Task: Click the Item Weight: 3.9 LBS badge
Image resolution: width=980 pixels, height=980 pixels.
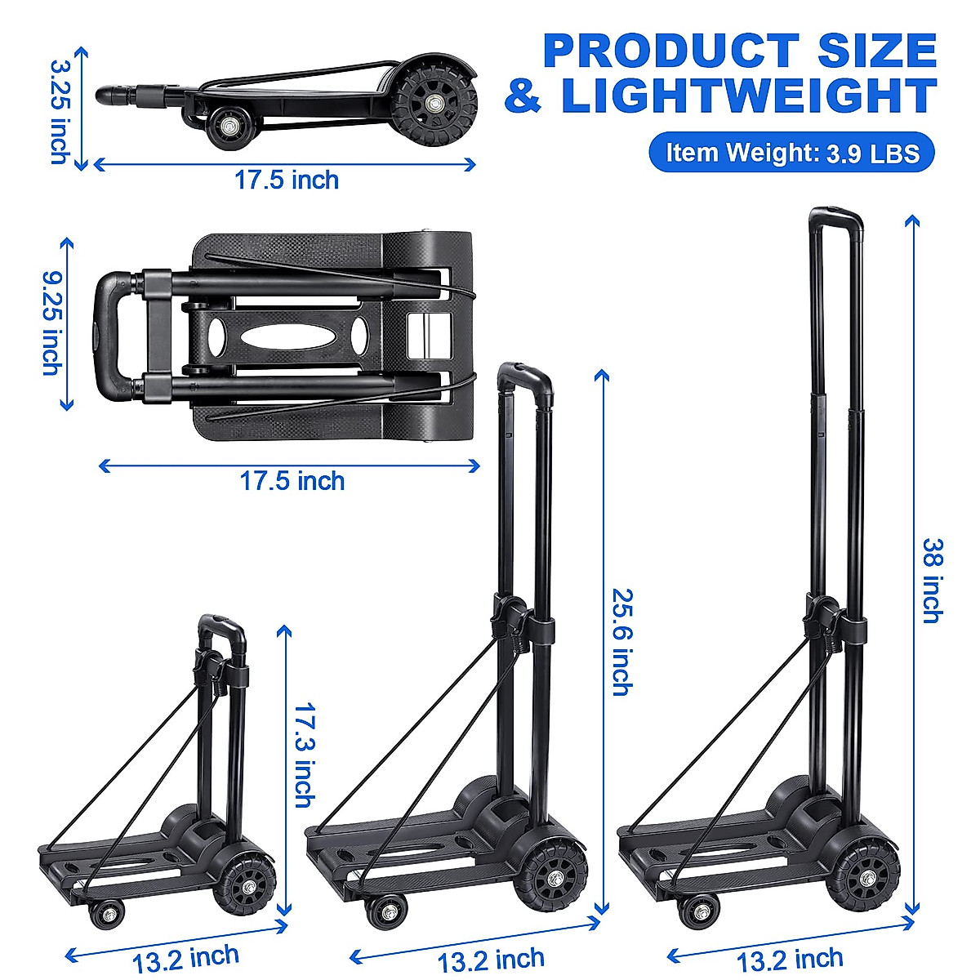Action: pos(791,152)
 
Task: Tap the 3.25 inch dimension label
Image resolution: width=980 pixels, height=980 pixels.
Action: pos(60,111)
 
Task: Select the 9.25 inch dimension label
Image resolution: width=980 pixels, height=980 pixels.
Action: pos(51,325)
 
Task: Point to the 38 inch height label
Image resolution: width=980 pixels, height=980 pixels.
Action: pos(932,580)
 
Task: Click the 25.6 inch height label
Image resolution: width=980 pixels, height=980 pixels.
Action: pos(621,642)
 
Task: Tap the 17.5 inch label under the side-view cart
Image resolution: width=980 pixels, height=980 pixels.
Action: pos(287,180)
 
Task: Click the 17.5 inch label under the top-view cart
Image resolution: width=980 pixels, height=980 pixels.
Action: pos(292,480)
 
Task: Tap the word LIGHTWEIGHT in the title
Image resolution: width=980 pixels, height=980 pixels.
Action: pos(748,96)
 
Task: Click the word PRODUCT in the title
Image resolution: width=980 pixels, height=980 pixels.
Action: pos(671,51)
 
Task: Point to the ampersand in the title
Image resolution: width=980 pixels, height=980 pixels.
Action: pos(523,96)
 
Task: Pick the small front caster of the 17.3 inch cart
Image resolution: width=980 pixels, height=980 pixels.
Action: pos(105,914)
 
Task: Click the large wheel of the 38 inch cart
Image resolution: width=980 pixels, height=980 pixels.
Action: pos(866,879)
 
